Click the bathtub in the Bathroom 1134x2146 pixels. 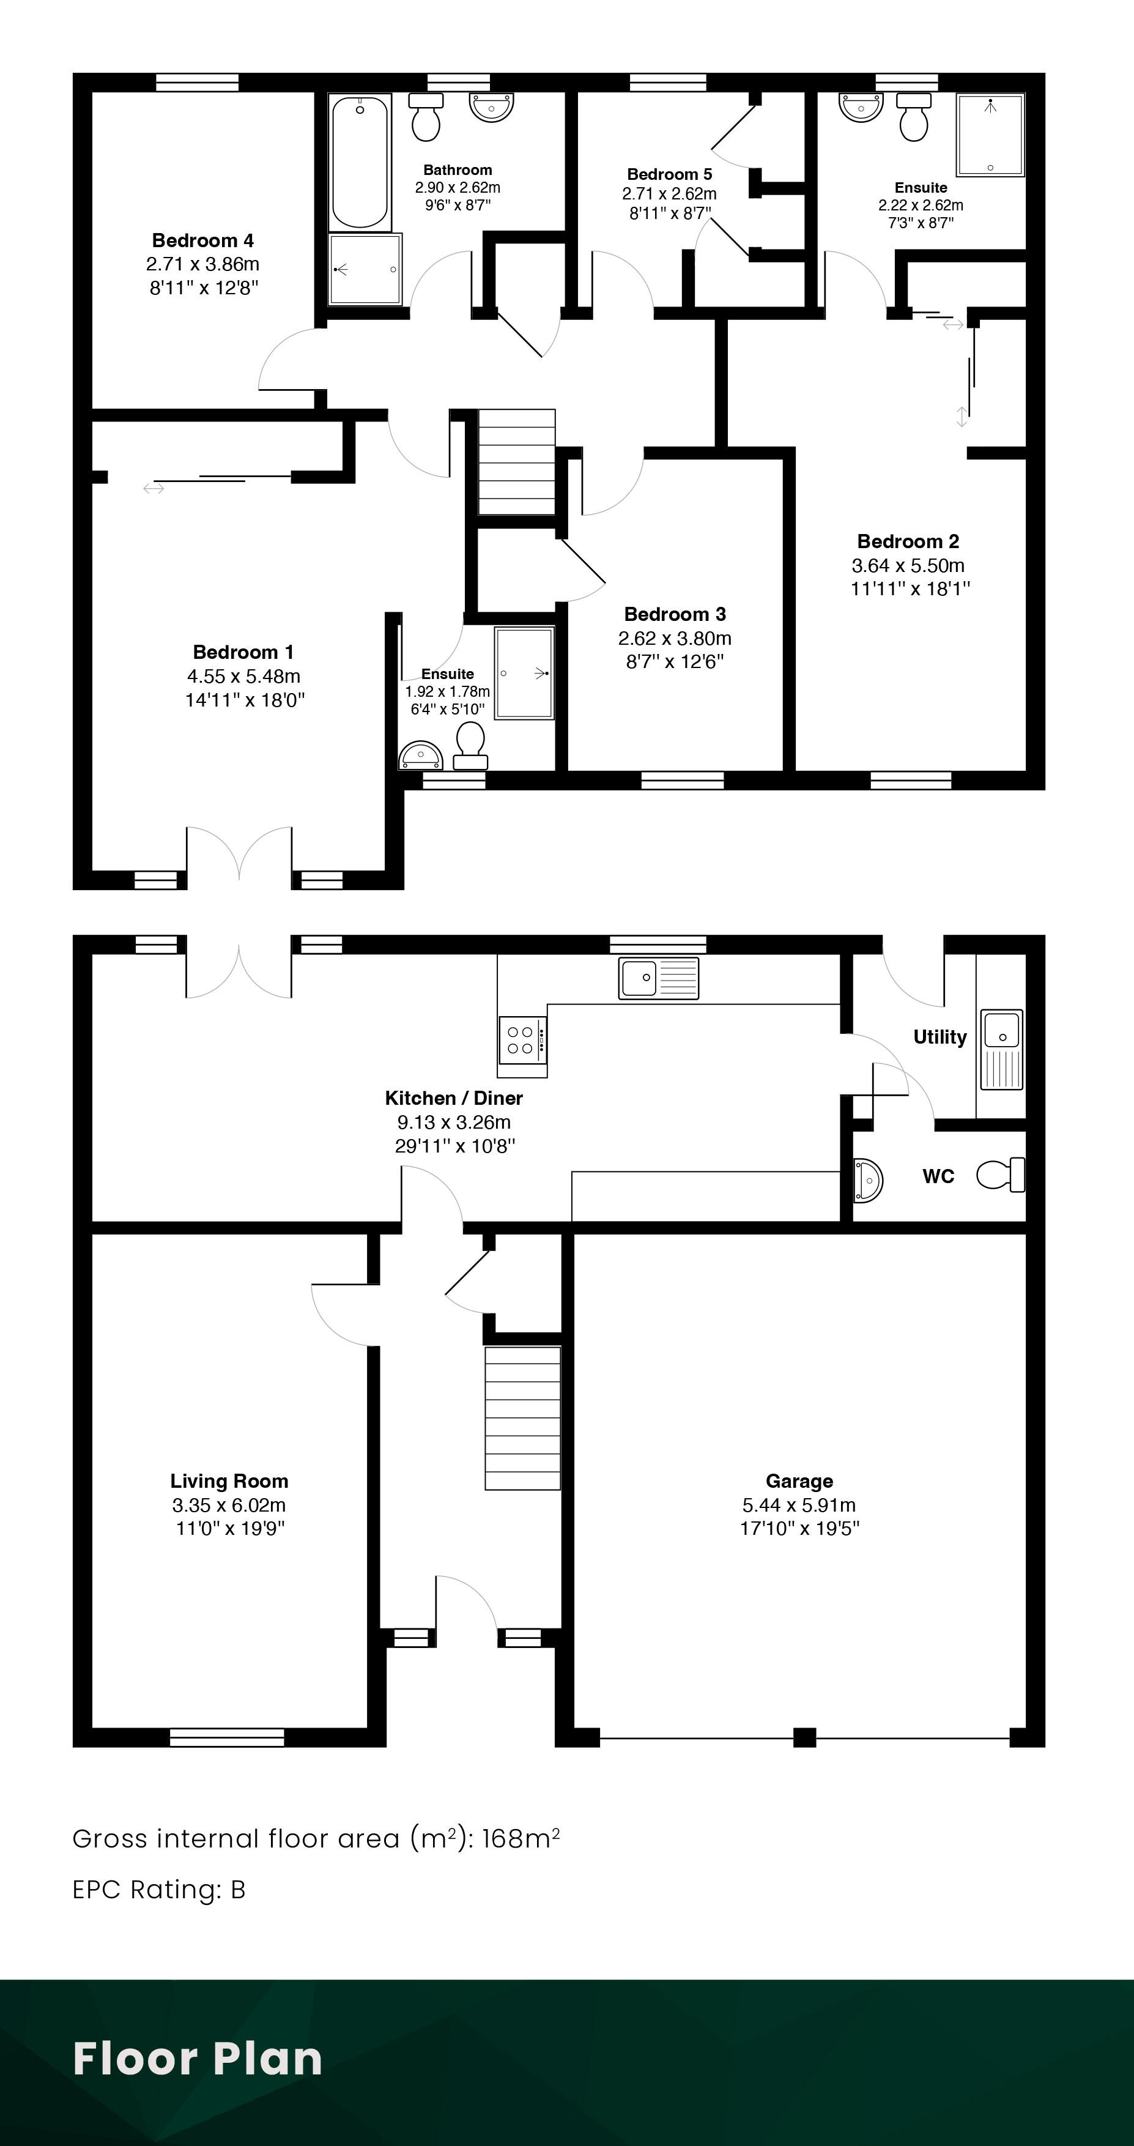click(360, 163)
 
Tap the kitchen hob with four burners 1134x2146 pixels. click(523, 1040)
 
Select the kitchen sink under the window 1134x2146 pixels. click(658, 978)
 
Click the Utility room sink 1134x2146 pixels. click(1001, 1050)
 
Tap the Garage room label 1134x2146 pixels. click(799, 1480)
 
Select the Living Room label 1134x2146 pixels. click(229, 1480)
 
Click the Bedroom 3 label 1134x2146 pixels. click(675, 614)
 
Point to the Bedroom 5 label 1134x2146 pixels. click(669, 174)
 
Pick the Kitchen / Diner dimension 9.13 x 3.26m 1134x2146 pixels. click(454, 1121)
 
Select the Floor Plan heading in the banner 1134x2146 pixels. click(198, 2059)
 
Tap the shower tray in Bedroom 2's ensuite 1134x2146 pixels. click(990, 135)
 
